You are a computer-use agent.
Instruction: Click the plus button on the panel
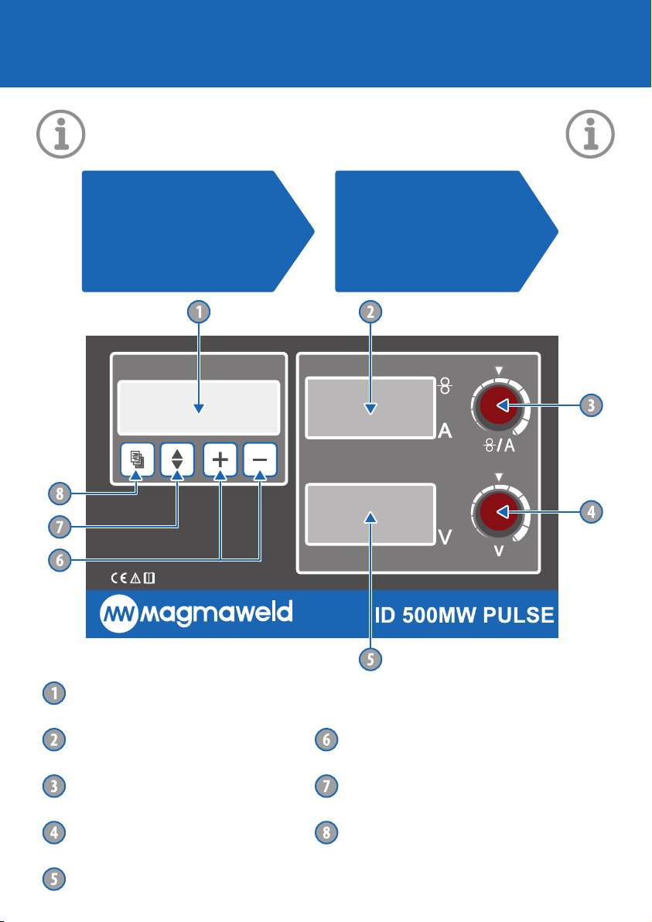tap(220, 459)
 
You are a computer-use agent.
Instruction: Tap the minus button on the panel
tap(260, 459)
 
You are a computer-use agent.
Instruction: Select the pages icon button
tap(137, 459)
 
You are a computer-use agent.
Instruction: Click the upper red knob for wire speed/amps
tap(499, 405)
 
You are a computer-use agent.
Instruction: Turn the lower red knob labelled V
tap(499, 511)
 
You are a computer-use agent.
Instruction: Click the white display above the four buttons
tap(199, 408)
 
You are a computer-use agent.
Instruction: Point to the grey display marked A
tap(370, 408)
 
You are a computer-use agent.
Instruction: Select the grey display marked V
tap(370, 514)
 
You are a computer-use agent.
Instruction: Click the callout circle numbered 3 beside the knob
tap(591, 405)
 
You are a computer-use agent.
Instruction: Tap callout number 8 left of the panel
tap(60, 493)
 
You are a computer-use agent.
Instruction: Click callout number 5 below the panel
tap(370, 659)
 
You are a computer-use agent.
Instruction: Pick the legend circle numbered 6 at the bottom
tap(326, 739)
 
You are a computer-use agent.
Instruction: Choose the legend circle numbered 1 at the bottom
tap(54, 693)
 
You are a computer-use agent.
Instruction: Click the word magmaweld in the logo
tap(217, 613)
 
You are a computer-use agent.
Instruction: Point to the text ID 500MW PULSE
tap(465, 615)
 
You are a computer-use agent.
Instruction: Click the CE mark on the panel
tap(119, 578)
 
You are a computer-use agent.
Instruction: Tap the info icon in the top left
tap(61, 134)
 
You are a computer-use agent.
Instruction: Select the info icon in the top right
tap(590, 134)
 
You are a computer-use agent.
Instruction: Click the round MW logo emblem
tap(119, 614)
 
